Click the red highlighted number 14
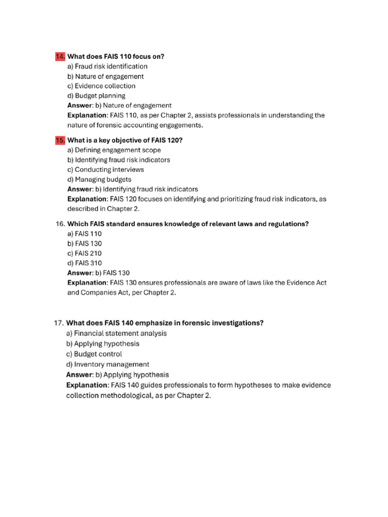(x=60, y=57)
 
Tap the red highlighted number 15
(x=60, y=140)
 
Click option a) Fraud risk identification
(x=107, y=66)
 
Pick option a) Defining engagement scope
(x=114, y=150)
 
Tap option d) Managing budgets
(x=99, y=179)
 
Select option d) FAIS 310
(x=84, y=263)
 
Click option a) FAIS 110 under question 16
(x=84, y=234)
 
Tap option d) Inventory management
(x=108, y=364)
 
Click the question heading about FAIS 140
(x=165, y=323)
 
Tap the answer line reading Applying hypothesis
(x=117, y=375)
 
